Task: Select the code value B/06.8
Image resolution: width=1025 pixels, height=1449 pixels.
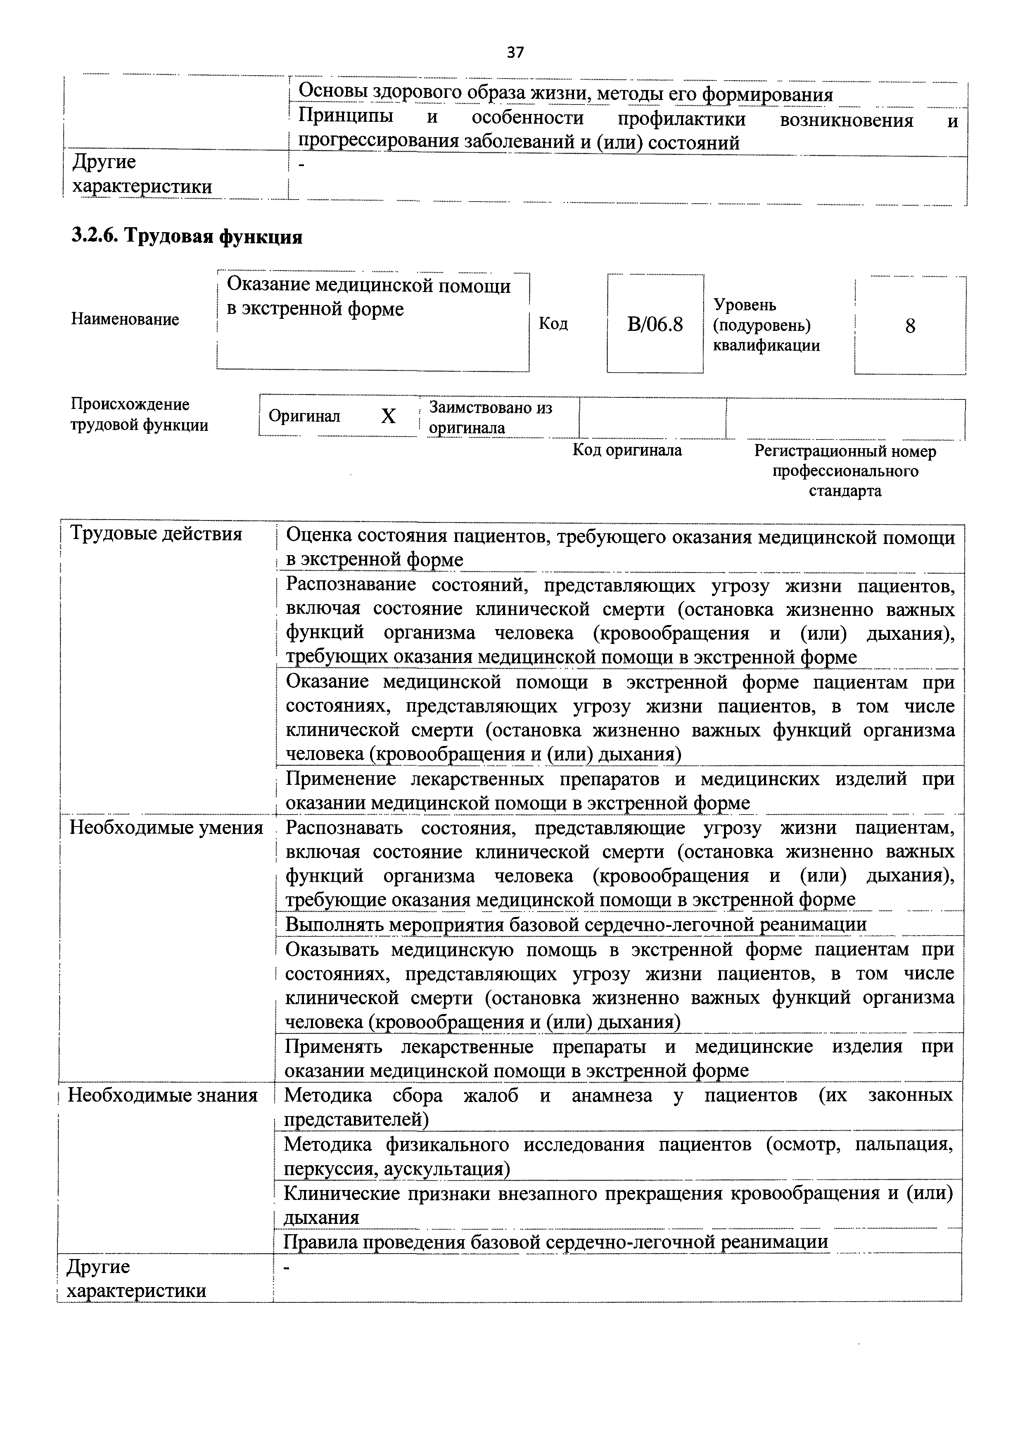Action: pyautogui.click(x=655, y=325)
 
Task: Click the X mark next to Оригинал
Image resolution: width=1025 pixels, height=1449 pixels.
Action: pyautogui.click(x=388, y=416)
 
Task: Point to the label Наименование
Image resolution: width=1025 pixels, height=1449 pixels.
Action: pyautogui.click(x=125, y=319)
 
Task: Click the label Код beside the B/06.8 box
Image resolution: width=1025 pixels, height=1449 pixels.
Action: pyautogui.click(x=553, y=324)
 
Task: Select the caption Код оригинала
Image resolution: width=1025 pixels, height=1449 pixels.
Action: pyautogui.click(x=627, y=451)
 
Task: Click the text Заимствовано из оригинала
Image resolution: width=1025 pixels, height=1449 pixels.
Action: pyautogui.click(x=491, y=418)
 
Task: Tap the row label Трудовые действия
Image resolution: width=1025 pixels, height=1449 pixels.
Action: pyautogui.click(x=156, y=534)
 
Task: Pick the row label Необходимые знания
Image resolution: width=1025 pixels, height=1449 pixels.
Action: pyautogui.click(x=163, y=1095)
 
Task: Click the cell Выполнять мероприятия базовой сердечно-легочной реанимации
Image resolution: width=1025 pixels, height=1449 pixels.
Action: pyautogui.click(x=576, y=924)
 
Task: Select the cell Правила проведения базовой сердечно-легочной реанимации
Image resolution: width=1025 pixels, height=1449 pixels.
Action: pyautogui.click(x=555, y=1242)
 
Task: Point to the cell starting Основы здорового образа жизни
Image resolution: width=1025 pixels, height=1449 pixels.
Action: pyautogui.click(x=565, y=94)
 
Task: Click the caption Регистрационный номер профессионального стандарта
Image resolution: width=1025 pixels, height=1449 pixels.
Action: pyautogui.click(x=845, y=471)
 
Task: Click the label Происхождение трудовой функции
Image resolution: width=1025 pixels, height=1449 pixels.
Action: pyautogui.click(x=139, y=415)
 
